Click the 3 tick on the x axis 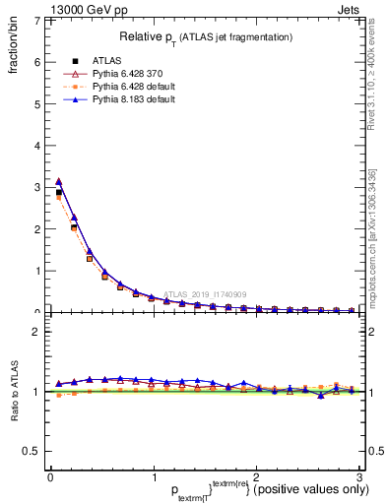click(x=360, y=476)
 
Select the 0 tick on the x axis click(x=50, y=476)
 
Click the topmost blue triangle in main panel click(x=58, y=181)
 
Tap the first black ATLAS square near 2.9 click(x=58, y=193)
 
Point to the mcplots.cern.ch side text click(x=379, y=246)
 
